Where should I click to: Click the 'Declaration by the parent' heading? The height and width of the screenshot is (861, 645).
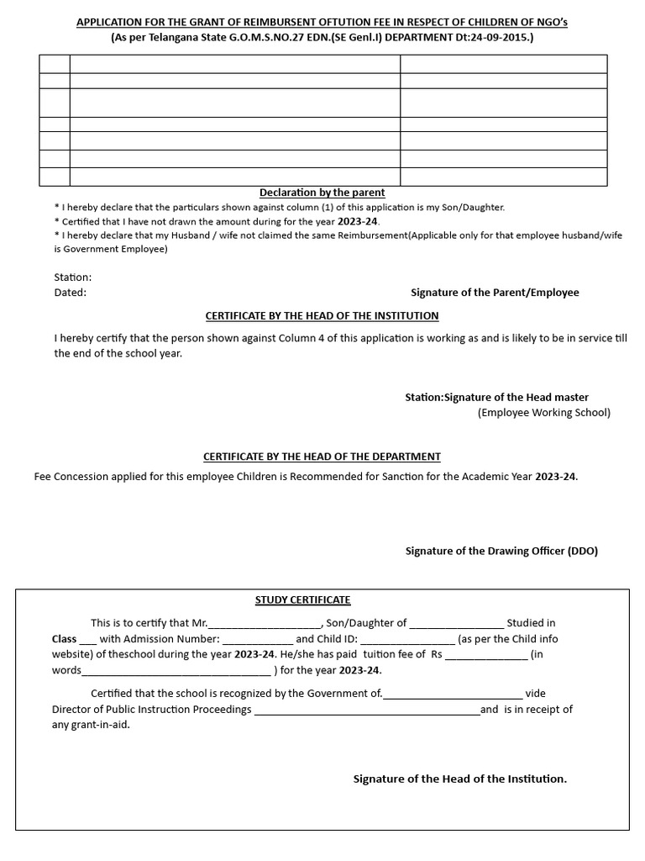(x=322, y=193)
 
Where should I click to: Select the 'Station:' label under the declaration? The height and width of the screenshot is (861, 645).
(x=73, y=277)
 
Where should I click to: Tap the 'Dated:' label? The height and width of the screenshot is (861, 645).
(x=71, y=293)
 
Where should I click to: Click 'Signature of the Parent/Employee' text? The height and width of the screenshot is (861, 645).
(x=494, y=293)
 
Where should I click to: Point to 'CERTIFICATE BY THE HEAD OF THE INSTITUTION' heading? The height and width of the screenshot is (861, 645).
(x=322, y=315)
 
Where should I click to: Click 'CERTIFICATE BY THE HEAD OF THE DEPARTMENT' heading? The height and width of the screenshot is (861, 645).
(x=322, y=457)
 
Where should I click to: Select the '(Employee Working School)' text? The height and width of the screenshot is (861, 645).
(x=544, y=412)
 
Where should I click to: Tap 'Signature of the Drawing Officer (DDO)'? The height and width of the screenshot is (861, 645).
(x=501, y=551)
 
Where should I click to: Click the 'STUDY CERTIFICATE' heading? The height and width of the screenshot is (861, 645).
(x=302, y=600)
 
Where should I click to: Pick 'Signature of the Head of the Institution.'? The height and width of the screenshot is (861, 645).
(x=459, y=779)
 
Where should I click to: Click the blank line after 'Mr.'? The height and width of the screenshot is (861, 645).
(x=264, y=624)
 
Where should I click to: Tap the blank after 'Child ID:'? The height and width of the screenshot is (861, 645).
(x=407, y=640)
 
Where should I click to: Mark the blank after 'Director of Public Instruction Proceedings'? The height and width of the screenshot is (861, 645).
(x=366, y=710)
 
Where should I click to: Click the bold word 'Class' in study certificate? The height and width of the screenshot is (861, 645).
(x=64, y=639)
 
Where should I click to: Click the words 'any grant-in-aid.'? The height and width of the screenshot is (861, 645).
(x=91, y=725)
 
